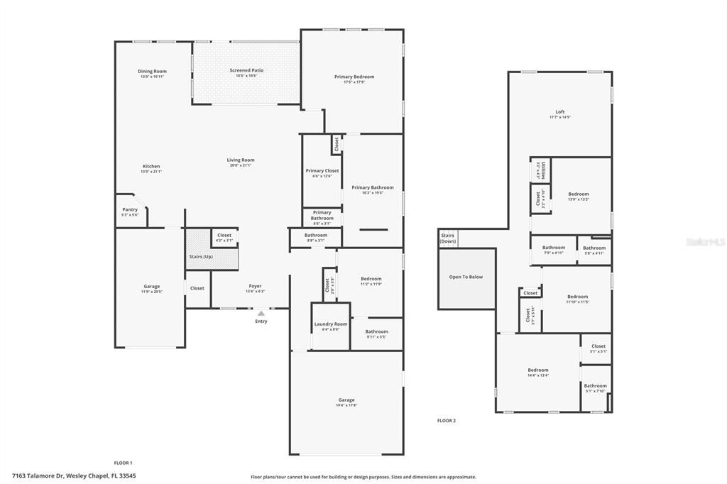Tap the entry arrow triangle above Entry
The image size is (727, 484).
(261, 313)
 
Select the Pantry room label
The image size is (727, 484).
(130, 211)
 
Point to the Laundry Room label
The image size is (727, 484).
(331, 326)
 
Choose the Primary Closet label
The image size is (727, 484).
(322, 173)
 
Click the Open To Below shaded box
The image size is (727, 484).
(466, 277)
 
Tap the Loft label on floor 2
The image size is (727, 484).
(559, 114)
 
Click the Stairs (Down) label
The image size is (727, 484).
(448, 238)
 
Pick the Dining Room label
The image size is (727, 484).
(152, 73)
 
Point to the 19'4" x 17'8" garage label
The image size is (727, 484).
(346, 402)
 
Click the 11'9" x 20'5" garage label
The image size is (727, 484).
(152, 289)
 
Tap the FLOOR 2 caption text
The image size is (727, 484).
(446, 421)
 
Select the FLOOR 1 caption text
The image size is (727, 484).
(123, 463)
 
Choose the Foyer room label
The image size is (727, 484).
(255, 288)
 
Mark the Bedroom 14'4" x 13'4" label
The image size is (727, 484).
(537, 373)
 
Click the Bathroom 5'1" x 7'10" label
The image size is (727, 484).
(595, 388)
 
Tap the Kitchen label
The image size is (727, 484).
(151, 168)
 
